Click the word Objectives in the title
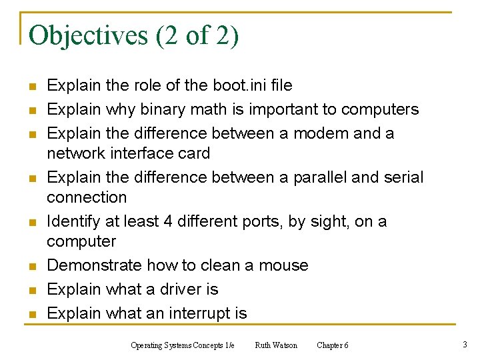click(x=89, y=35)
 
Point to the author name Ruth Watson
click(x=276, y=345)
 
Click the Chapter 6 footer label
click(x=332, y=345)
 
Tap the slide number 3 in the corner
click(x=464, y=345)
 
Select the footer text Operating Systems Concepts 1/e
click(x=182, y=345)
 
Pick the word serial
click(x=403, y=177)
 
